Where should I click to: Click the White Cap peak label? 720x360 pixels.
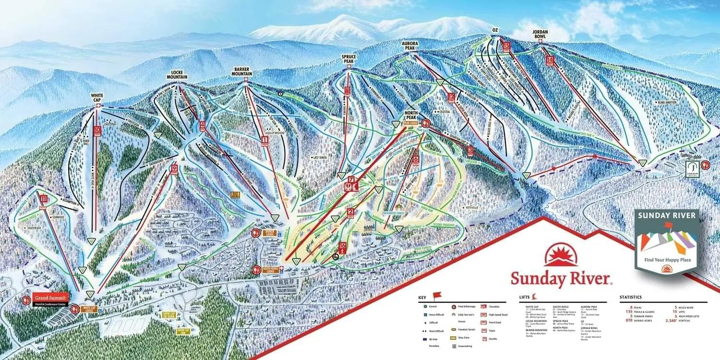click(x=97, y=96)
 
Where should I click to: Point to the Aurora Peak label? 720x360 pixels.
click(x=411, y=46)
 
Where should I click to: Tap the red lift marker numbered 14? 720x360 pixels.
click(x=550, y=60)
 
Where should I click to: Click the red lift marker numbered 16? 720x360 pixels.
click(x=342, y=248)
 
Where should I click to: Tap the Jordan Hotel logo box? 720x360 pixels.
click(x=691, y=168)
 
